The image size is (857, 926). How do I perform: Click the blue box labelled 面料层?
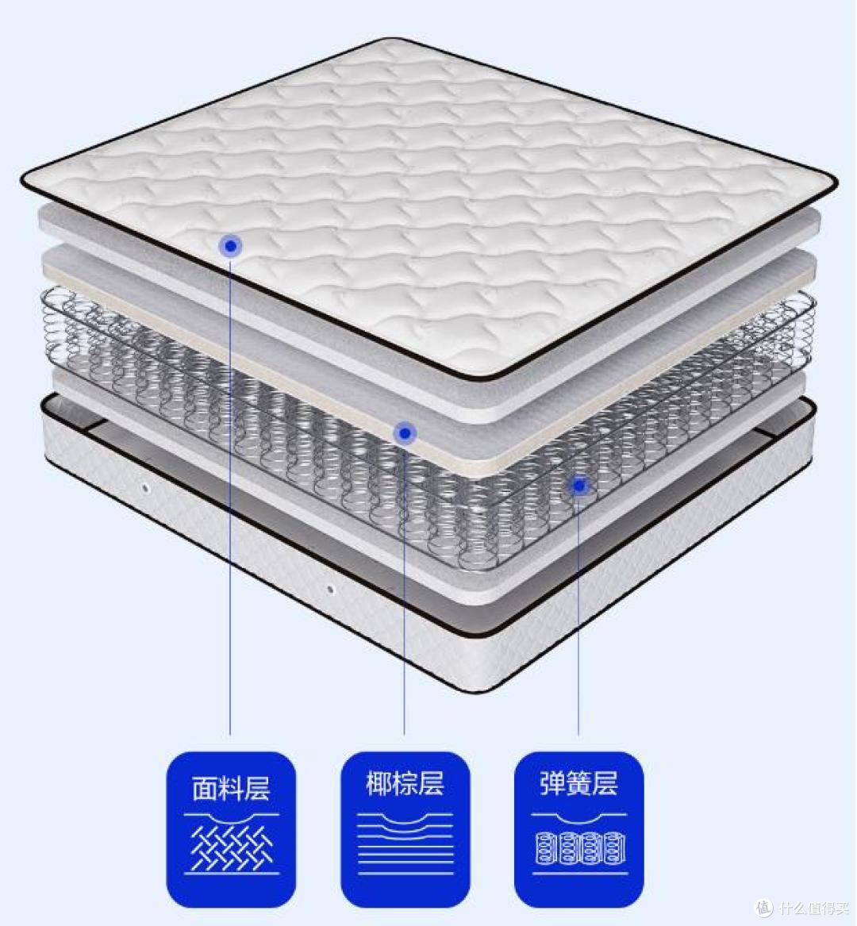coord(231,829)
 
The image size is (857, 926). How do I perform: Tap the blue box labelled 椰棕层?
coord(405,829)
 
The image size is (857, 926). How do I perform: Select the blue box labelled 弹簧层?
coord(578,829)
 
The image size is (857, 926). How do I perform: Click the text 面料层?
coord(231,789)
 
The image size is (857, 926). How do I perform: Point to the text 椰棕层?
coord(405,784)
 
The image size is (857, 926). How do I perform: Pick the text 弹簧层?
coord(578,784)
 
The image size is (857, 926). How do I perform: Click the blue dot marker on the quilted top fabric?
coord(230,246)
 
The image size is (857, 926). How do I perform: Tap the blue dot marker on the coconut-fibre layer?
coord(405,434)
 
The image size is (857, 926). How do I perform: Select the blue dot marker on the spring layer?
coord(579,486)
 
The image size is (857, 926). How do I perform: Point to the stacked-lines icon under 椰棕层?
coord(405,843)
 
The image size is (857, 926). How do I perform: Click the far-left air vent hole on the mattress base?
coord(145,489)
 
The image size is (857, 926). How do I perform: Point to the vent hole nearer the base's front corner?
coord(330,590)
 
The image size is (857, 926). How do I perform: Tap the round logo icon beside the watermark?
coord(764,907)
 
